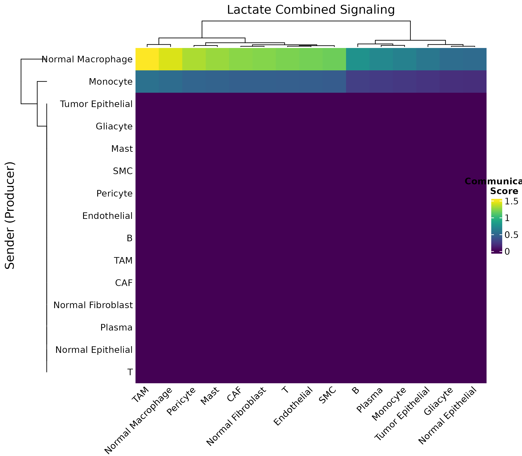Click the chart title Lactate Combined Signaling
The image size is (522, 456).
(x=311, y=10)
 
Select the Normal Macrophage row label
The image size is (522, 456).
(x=87, y=59)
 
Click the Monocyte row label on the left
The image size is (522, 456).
(x=111, y=82)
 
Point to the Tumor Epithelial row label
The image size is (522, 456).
(x=96, y=104)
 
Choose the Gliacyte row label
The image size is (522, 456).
(x=114, y=126)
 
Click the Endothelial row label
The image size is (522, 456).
(x=107, y=216)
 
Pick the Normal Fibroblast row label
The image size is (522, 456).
(x=93, y=305)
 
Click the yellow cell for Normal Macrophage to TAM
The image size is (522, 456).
(x=147, y=59)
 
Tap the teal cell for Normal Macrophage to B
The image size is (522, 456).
(x=358, y=59)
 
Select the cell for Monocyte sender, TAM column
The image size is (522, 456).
(x=147, y=81)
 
